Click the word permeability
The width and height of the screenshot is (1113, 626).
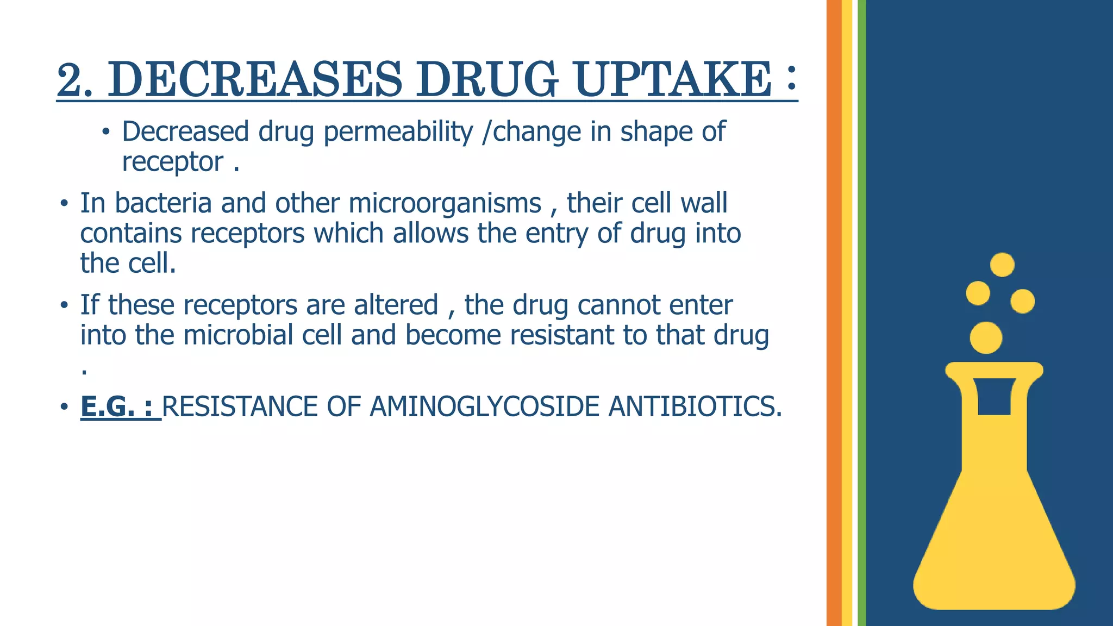[x=398, y=132]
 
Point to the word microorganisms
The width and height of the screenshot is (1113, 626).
[x=445, y=203]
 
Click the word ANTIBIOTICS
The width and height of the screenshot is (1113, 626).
[x=695, y=406]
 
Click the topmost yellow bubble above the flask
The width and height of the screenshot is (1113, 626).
[x=1002, y=265]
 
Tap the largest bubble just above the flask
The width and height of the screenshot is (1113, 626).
[x=986, y=337]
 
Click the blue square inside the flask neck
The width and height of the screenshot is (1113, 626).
[x=994, y=397]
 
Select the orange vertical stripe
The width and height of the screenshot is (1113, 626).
[x=834, y=313]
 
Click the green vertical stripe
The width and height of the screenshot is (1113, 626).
[x=862, y=313]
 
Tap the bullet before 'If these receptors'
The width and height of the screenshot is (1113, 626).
[x=64, y=305]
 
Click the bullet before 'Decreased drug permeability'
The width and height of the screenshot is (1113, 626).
[x=106, y=132]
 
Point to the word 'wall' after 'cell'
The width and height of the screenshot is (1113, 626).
[x=704, y=203]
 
